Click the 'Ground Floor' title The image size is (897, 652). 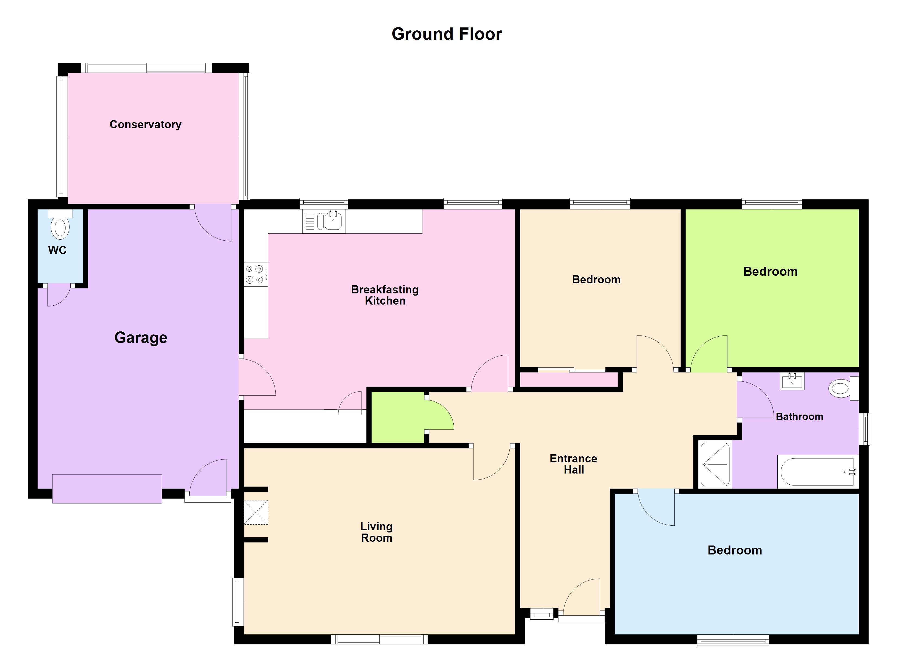click(x=447, y=34)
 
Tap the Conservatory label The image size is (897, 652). click(x=145, y=124)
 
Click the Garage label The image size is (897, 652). click(x=141, y=338)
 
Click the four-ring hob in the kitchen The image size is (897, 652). click(x=255, y=274)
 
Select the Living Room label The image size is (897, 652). click(x=376, y=532)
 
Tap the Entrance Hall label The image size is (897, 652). click(x=574, y=464)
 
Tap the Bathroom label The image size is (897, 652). click(x=799, y=417)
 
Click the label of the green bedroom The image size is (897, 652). click(x=770, y=272)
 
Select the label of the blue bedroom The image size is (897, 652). click(x=734, y=550)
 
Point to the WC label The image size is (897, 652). click(x=57, y=250)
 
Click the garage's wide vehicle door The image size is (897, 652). click(x=107, y=489)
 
